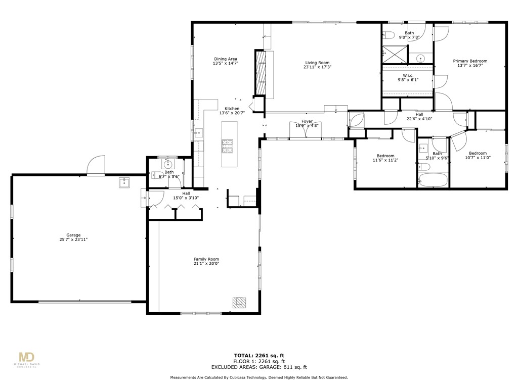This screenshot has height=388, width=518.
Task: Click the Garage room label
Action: (x=73, y=235)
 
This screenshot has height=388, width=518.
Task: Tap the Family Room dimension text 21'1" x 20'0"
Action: (x=206, y=264)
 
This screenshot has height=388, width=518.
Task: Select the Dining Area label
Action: (x=226, y=59)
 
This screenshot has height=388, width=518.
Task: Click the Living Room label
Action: (x=317, y=63)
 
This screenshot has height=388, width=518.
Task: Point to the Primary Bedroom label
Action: (x=470, y=61)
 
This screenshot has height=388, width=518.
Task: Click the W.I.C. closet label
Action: (x=408, y=75)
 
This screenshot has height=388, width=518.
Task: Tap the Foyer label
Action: (x=307, y=121)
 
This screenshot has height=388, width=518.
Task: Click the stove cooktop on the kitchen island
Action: (x=228, y=146)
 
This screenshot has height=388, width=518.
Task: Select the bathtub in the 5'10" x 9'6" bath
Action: (x=433, y=180)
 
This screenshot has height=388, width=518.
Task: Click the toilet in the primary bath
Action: (x=388, y=35)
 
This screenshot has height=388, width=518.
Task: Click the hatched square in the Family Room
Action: (x=239, y=303)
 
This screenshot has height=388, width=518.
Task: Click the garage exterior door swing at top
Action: (x=96, y=165)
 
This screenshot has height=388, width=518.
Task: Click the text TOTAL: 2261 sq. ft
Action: (x=258, y=355)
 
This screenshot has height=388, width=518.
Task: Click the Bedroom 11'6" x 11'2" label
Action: (x=385, y=156)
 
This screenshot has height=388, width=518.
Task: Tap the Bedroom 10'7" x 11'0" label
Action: (x=477, y=154)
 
